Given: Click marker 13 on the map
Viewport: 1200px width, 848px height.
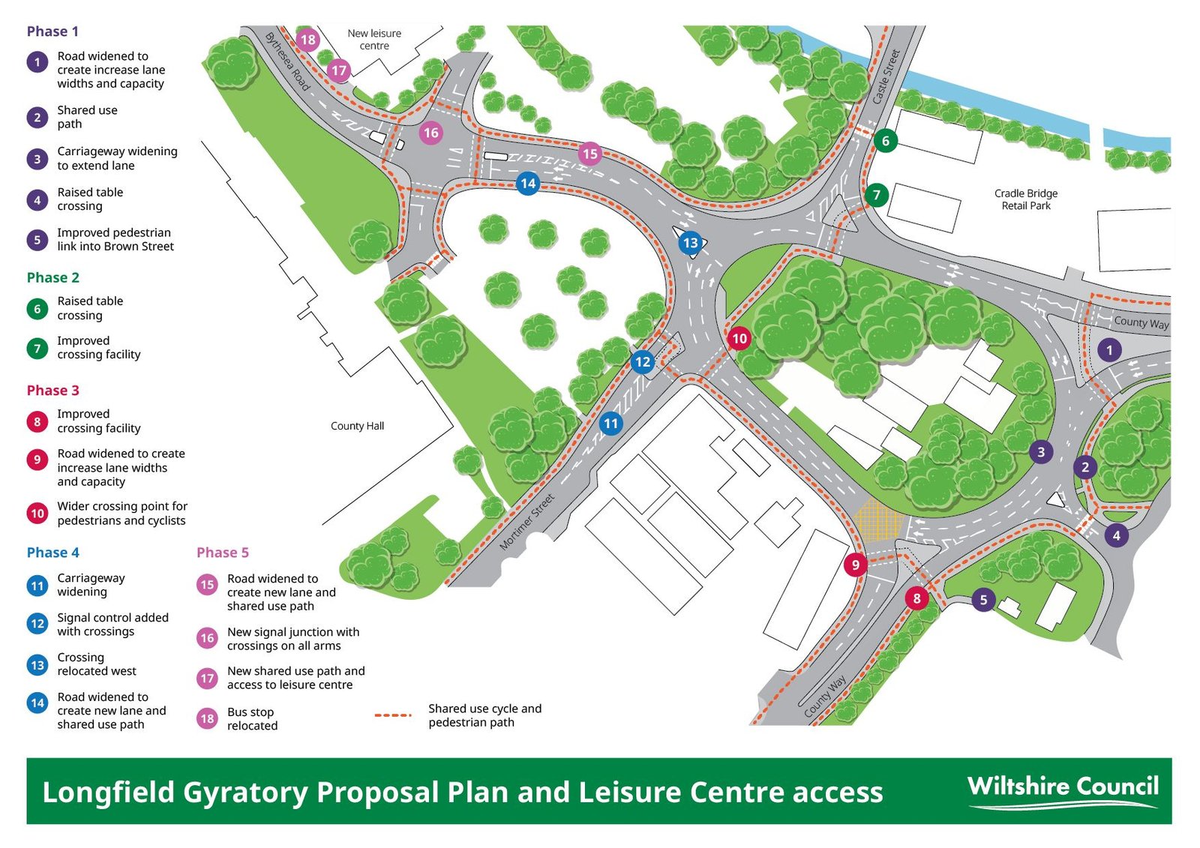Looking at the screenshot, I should click(x=690, y=242).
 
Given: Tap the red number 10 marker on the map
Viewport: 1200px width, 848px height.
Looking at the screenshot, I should click(x=739, y=338).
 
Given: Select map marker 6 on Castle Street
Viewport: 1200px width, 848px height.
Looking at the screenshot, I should click(x=886, y=140).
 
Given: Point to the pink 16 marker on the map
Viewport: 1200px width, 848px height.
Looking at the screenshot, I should click(x=430, y=133).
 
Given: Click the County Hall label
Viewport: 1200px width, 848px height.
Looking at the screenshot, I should click(x=357, y=426).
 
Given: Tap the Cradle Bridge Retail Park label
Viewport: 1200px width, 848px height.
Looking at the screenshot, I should click(x=1026, y=199).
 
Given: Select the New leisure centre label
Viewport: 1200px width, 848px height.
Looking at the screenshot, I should click(x=374, y=39).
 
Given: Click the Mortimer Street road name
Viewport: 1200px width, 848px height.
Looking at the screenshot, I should click(x=527, y=521).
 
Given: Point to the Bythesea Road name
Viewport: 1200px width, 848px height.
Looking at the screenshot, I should click(x=286, y=61).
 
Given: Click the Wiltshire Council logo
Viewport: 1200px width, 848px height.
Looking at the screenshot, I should click(x=1063, y=791).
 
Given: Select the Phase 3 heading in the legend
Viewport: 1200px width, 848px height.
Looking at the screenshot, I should click(x=52, y=390).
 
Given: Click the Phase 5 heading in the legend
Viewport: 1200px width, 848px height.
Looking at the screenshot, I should click(x=222, y=553).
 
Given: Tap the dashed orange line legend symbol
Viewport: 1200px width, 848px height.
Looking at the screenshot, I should click(x=393, y=715).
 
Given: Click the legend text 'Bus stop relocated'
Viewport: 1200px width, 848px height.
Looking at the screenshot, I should click(x=252, y=719).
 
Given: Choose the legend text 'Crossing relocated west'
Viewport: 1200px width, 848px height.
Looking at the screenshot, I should click(x=97, y=664).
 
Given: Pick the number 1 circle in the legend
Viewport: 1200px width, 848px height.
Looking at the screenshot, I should click(x=37, y=61).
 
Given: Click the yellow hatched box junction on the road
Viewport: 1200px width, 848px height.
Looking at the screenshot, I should click(x=877, y=518).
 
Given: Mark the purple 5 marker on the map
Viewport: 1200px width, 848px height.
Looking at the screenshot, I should click(x=983, y=599).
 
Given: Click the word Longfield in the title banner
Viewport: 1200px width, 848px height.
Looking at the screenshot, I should click(x=108, y=793).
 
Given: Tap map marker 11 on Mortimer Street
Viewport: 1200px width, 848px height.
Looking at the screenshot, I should click(x=610, y=423).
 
